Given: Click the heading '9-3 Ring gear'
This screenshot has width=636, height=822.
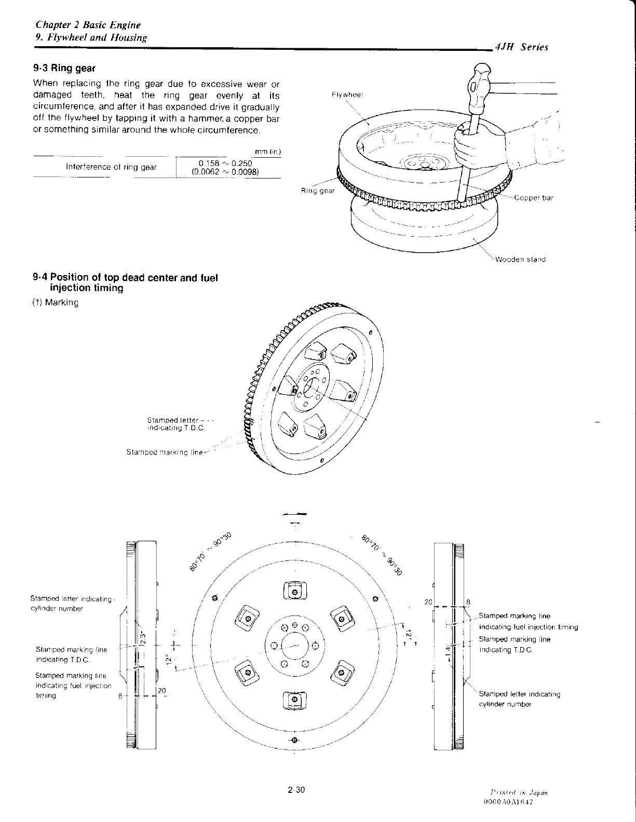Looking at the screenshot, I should (64, 68).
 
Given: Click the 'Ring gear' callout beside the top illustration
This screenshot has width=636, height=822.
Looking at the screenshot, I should (318, 190).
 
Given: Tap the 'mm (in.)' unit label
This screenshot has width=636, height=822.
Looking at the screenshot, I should (268, 152).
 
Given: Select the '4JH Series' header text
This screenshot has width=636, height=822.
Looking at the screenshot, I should (522, 47).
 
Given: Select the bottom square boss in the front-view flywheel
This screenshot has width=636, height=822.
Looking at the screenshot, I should (295, 700).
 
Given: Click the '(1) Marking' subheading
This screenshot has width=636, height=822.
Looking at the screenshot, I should (56, 302).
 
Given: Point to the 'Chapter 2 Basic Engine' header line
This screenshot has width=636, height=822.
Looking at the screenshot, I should (88, 25).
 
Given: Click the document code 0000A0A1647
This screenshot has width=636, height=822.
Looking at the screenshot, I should (508, 802).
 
